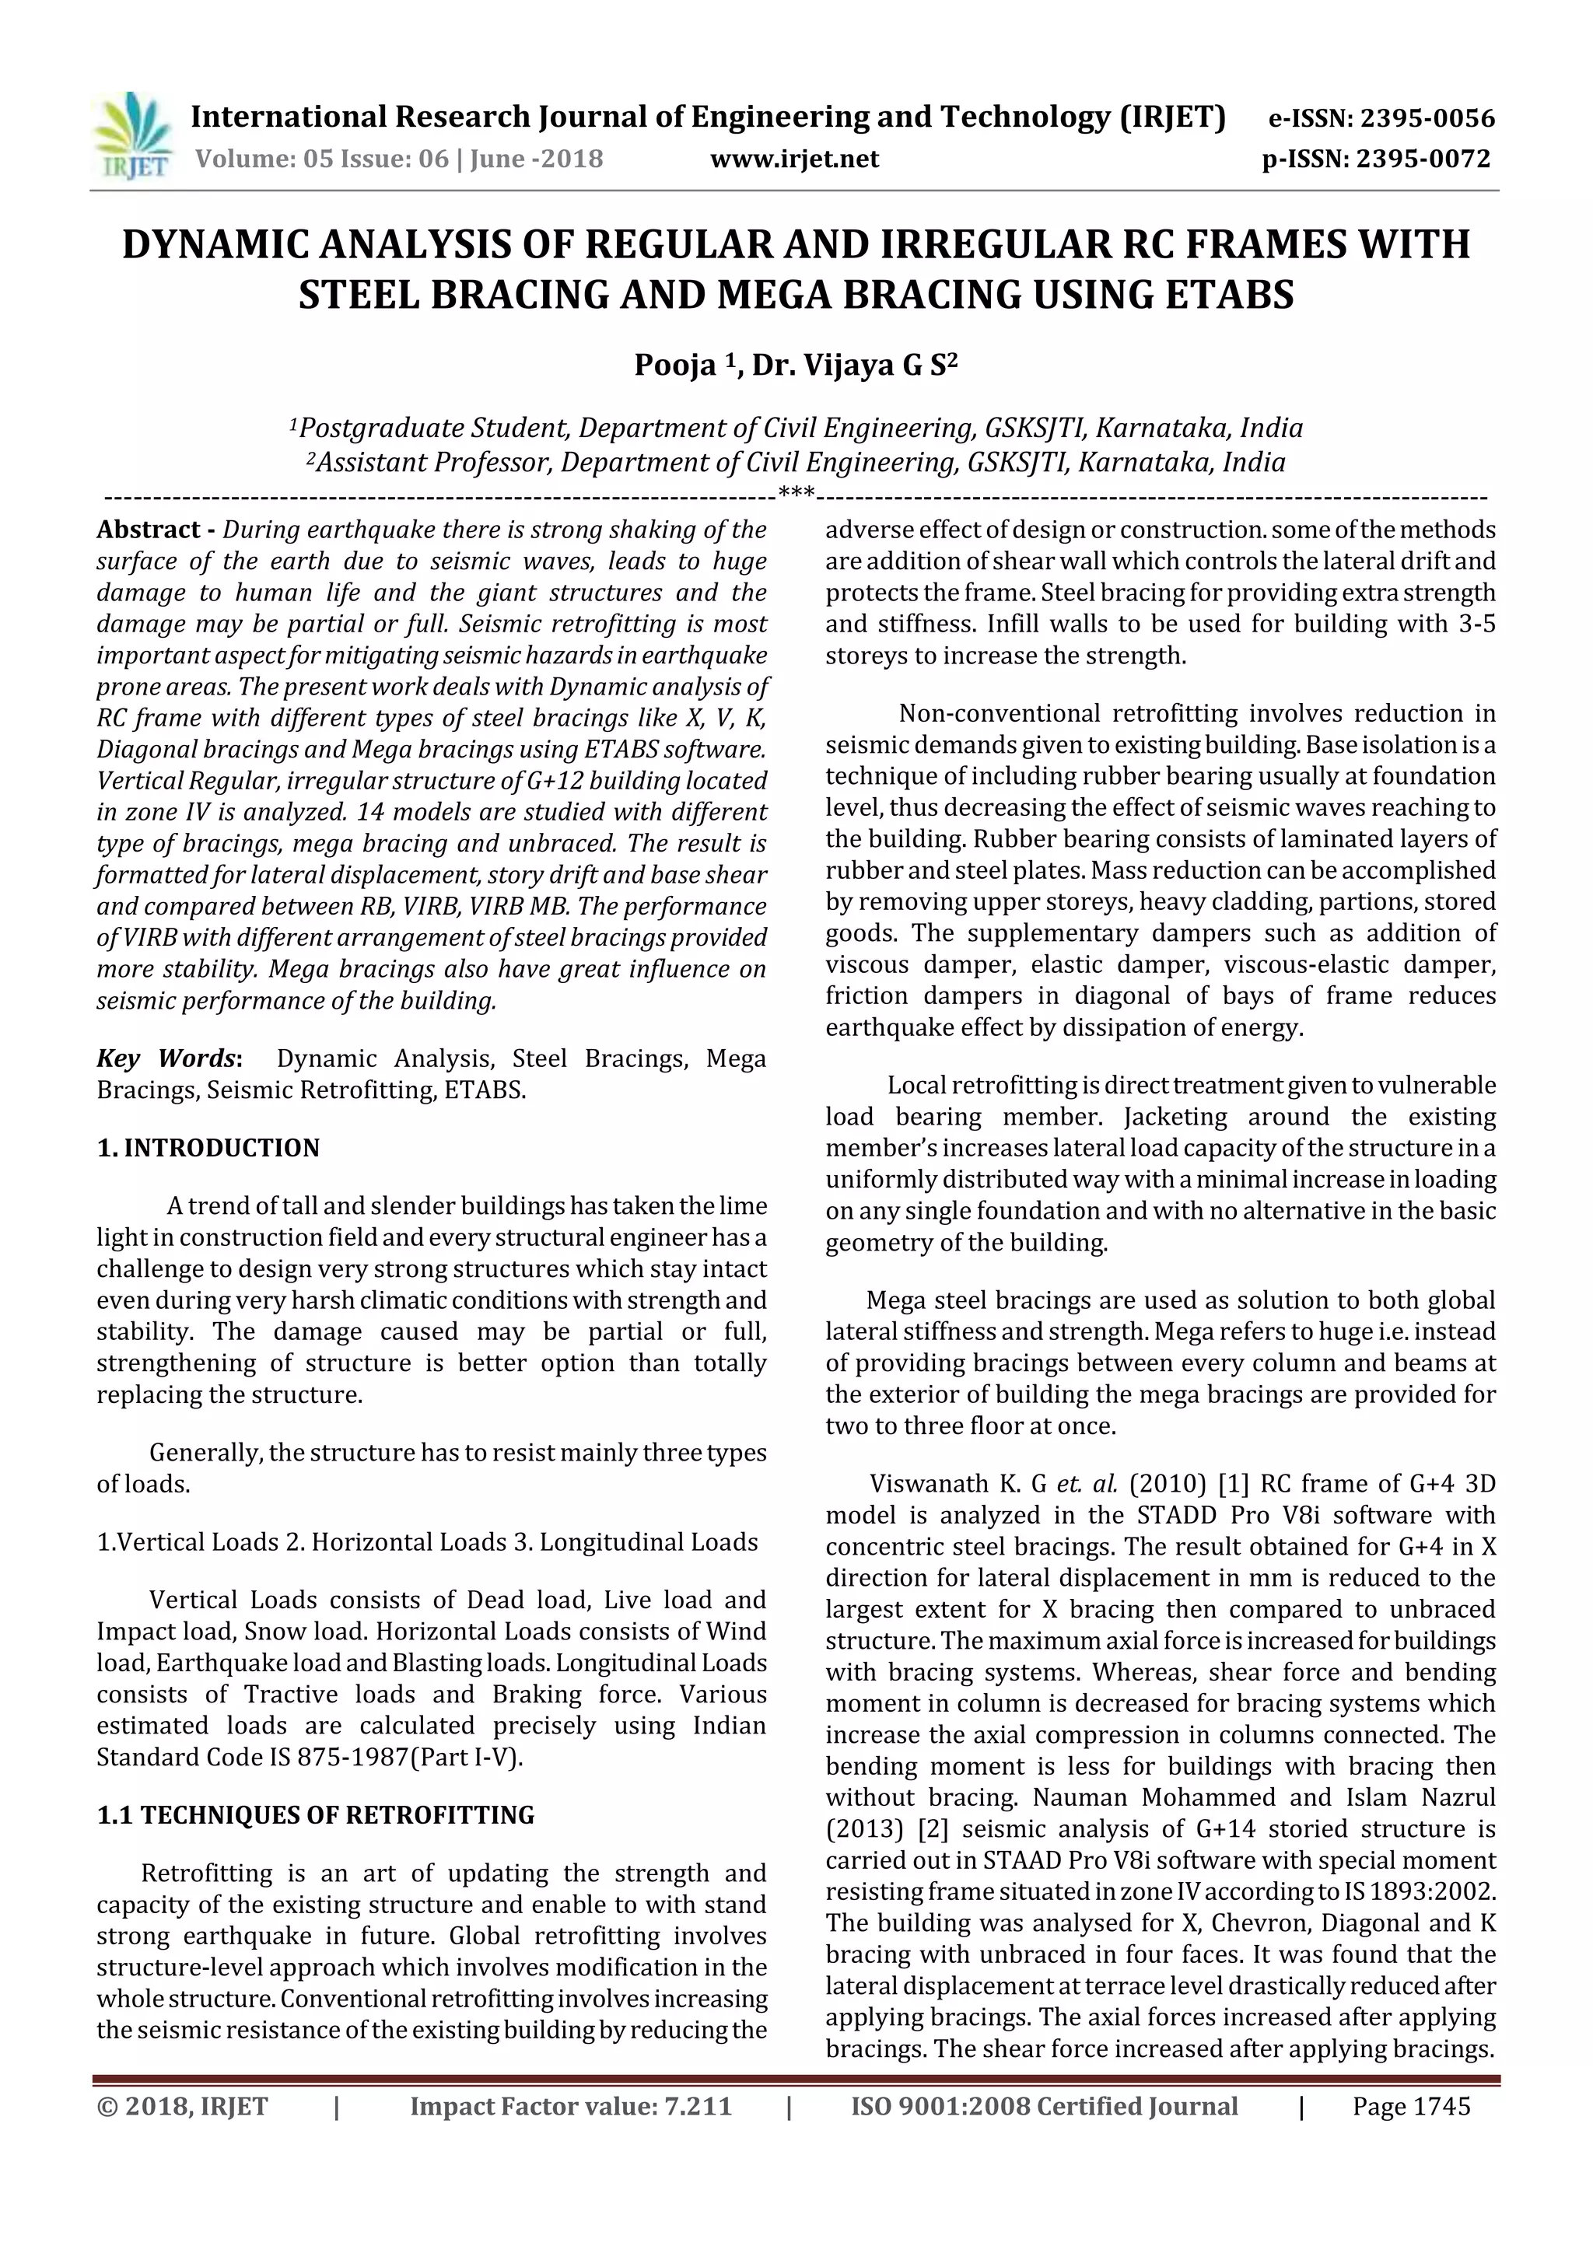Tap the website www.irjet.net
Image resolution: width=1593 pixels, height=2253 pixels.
click(794, 159)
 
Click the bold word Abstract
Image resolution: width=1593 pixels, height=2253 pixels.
click(149, 530)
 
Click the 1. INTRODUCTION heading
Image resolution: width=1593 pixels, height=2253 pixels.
click(208, 1148)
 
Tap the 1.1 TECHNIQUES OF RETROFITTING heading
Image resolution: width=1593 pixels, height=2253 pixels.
click(315, 1815)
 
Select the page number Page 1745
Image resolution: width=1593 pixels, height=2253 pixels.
click(1412, 2107)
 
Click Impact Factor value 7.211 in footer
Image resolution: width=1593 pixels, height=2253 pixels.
click(570, 2107)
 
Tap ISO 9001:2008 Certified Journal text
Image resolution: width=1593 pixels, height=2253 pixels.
click(1045, 2107)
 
